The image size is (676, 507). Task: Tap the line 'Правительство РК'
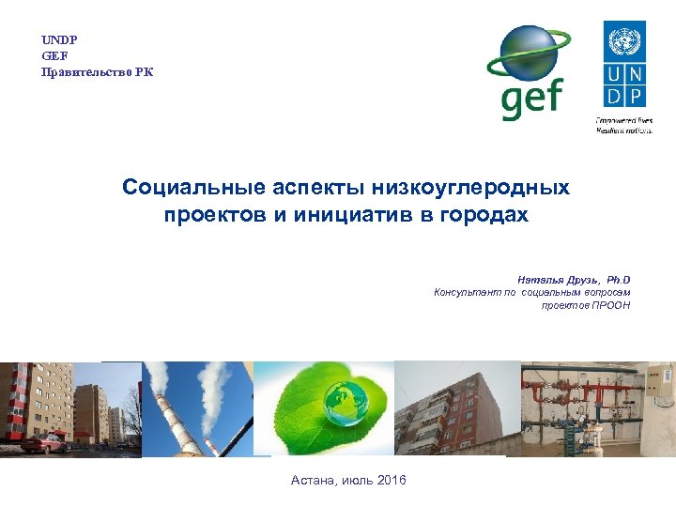[97, 72]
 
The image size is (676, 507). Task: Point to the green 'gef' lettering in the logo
[533, 99]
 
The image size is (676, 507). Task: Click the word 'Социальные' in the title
[182, 188]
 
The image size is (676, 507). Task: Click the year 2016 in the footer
[391, 481]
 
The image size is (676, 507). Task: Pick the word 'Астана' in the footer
[314, 481]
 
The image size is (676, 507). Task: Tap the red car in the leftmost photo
[42, 443]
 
